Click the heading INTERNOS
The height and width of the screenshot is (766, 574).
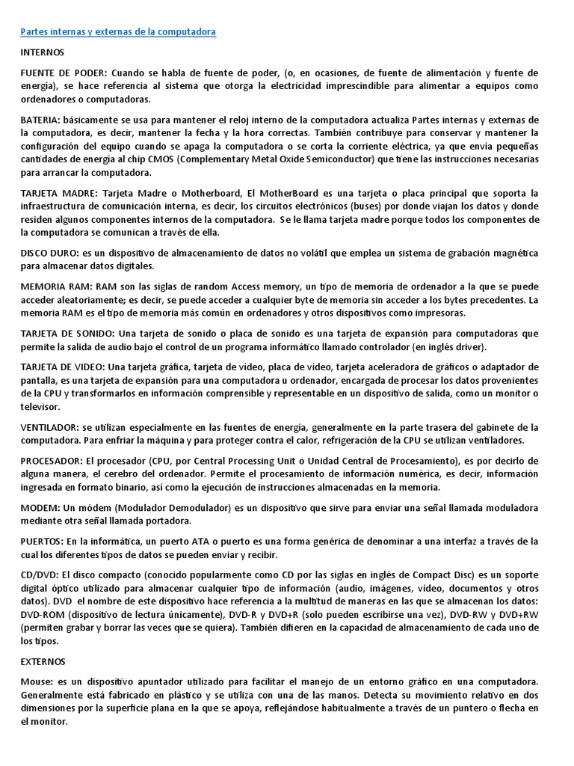tap(42, 53)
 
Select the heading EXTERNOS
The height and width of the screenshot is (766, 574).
tap(43, 662)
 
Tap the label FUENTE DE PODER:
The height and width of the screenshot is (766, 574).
tap(64, 73)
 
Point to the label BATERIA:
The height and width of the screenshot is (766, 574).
tap(40, 120)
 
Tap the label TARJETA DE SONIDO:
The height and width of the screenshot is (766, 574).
tap(67, 334)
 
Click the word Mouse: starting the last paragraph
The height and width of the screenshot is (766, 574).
tap(36, 682)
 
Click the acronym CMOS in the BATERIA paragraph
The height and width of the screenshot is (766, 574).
tap(191, 159)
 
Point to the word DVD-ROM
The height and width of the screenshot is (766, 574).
tap(41, 614)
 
